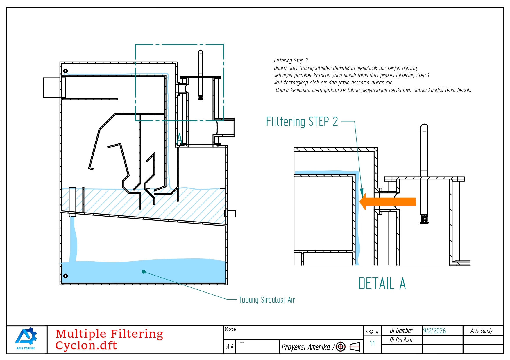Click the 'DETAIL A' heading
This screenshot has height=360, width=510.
(382, 284)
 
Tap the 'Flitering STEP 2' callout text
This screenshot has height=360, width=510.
(302, 121)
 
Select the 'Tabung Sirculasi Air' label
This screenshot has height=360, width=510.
(267, 300)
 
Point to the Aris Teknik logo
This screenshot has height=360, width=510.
(26, 339)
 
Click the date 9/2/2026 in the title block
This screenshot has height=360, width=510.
(434, 331)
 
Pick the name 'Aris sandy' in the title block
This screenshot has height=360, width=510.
(482, 331)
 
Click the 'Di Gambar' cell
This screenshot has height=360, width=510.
(401, 331)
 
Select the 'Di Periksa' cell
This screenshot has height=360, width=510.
(401, 340)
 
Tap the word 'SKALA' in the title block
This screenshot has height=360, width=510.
(372, 332)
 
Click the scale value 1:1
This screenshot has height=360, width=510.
(372, 343)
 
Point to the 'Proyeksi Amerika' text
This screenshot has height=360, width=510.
(306, 347)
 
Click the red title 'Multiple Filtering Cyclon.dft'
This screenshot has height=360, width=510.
(109, 340)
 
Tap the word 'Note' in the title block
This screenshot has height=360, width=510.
(230, 329)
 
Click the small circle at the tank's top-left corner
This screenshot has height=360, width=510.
(66, 71)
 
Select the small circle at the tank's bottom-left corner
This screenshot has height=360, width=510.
(66, 276)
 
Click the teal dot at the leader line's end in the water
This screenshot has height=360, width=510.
(144, 272)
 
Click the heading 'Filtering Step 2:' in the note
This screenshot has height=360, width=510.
(291, 60)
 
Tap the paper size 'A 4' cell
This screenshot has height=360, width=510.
(230, 347)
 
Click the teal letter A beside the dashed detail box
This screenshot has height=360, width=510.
(180, 138)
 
